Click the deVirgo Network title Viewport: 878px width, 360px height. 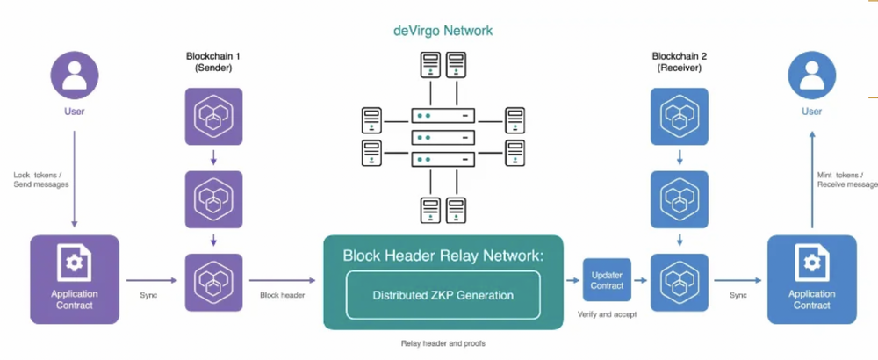[443, 31]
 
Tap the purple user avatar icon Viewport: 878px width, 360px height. [75, 75]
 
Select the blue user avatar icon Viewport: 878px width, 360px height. [811, 75]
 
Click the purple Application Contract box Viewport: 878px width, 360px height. [75, 279]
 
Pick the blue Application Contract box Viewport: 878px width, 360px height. [811, 279]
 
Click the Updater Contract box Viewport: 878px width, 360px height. [608, 280]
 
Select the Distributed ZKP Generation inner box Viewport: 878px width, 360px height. [443, 295]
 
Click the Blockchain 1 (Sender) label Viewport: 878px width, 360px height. [213, 61]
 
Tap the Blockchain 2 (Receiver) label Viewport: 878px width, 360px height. [680, 61]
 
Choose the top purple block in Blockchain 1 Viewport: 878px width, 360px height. [213, 117]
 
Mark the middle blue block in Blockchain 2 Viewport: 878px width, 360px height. [680, 198]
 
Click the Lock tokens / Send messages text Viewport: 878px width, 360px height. [41, 179]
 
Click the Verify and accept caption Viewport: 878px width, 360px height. [607, 313]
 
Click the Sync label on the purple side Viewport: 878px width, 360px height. [149, 295]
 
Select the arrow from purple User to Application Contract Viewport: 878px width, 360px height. [74, 180]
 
